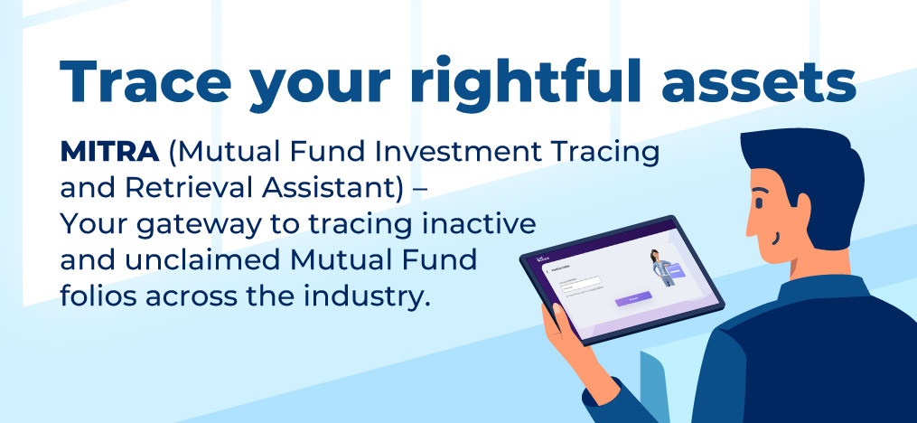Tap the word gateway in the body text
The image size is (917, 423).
[x=203, y=223]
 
